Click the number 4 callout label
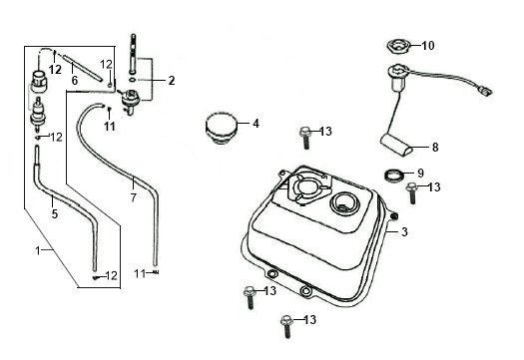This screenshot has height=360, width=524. (256, 124)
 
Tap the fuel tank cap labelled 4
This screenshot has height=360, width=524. (221, 129)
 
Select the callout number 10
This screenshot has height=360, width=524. (428, 46)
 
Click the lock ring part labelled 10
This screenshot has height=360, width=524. (398, 46)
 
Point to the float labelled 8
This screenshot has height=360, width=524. (396, 145)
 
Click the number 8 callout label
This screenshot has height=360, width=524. (435, 147)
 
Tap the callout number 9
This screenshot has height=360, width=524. (420, 173)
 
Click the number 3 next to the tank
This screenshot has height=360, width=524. (404, 231)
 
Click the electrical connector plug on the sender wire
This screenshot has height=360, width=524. (485, 91)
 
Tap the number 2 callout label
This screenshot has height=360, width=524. (172, 81)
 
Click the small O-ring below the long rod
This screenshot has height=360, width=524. (133, 80)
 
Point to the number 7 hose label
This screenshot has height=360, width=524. (134, 197)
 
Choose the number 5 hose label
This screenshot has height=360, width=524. (55, 213)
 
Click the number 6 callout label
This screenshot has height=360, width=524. (75, 80)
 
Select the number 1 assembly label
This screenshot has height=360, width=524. (38, 250)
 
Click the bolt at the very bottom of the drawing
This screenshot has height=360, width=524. (286, 326)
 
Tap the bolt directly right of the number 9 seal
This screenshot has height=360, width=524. (411, 193)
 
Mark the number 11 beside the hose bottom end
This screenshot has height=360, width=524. (140, 274)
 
